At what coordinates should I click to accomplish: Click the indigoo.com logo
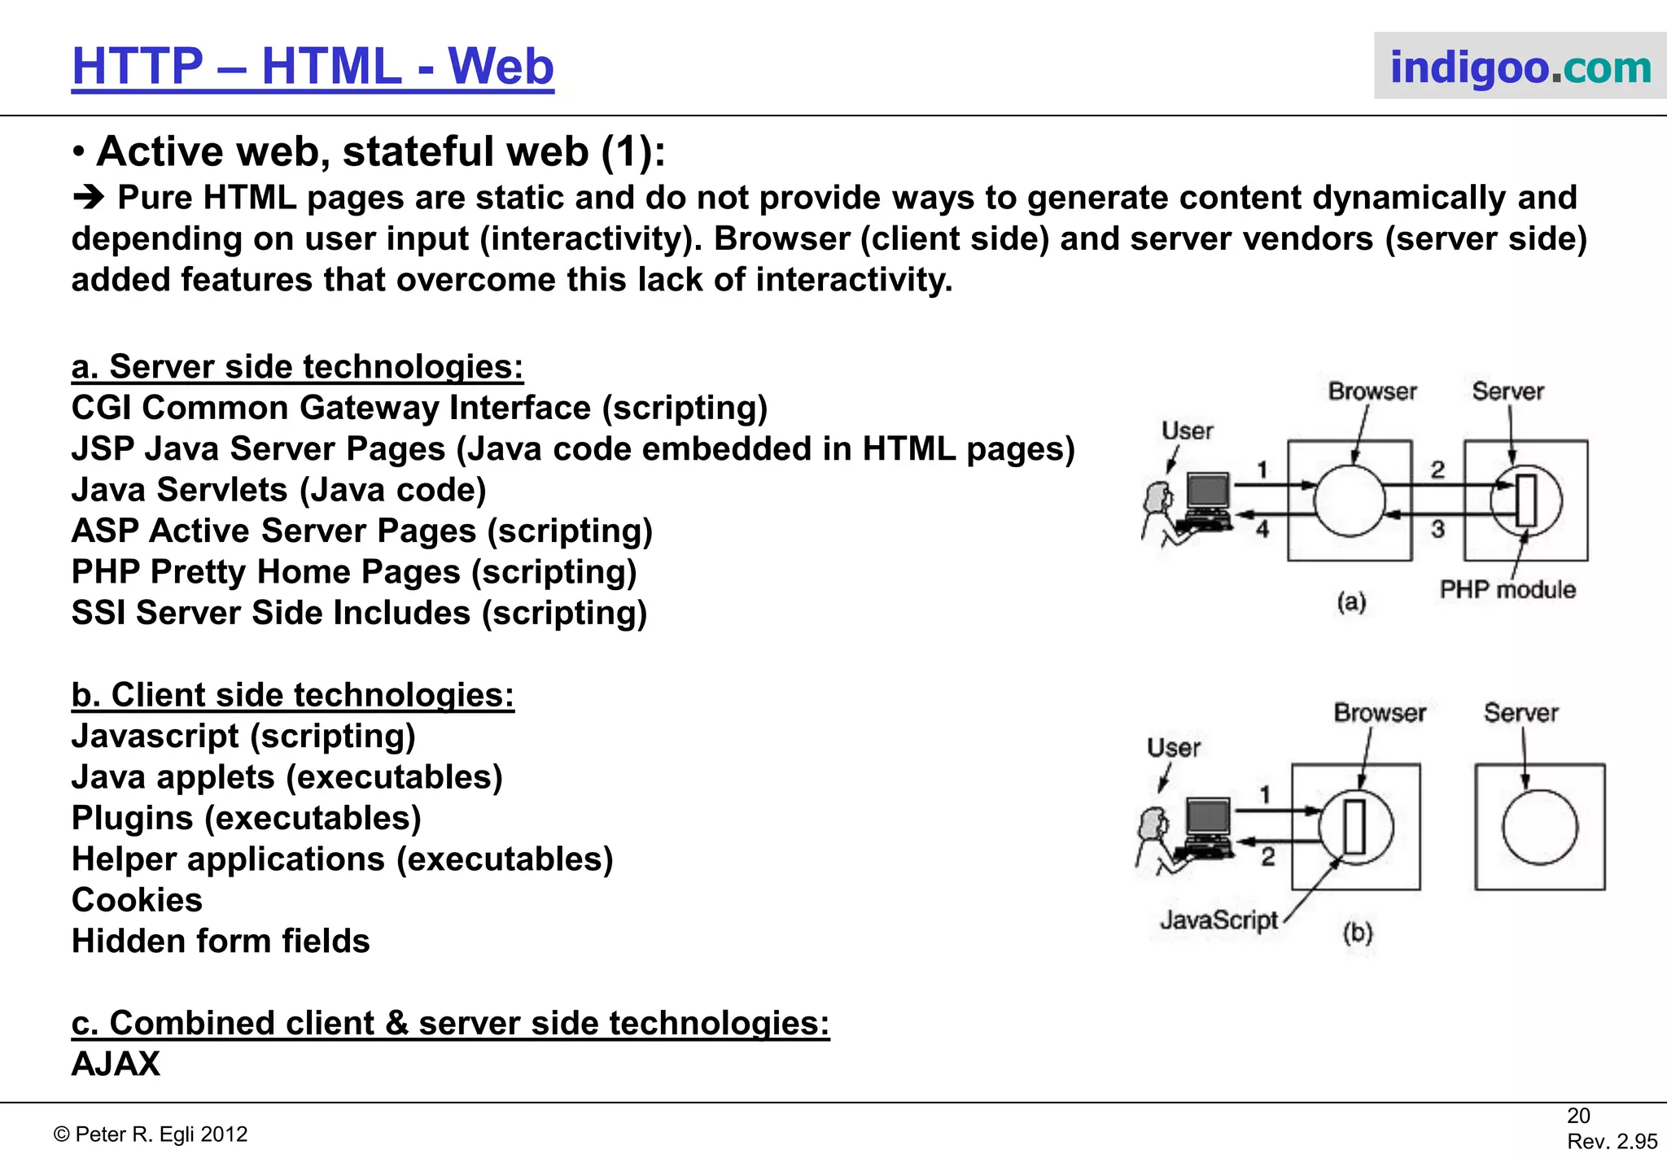[1520, 67]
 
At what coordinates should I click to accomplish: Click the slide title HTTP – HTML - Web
[313, 67]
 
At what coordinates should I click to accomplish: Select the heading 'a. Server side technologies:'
[297, 367]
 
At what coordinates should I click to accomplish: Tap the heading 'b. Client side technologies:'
[293, 695]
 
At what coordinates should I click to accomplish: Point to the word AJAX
[116, 1064]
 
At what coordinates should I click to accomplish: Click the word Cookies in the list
[137, 900]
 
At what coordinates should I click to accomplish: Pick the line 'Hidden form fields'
[221, 941]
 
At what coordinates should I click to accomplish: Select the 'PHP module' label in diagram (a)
[1507, 589]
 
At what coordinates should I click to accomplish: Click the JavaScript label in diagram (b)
[1219, 920]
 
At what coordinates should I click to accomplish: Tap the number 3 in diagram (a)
[1438, 529]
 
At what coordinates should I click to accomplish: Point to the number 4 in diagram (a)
[1262, 529]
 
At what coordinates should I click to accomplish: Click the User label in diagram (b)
[1173, 747]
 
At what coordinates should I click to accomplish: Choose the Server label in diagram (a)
[1507, 391]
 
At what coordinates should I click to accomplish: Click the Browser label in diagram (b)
[1380, 713]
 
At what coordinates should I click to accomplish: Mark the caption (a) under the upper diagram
[1351, 602]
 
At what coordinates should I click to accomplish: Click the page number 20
[1578, 1116]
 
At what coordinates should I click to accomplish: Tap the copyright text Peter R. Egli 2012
[151, 1134]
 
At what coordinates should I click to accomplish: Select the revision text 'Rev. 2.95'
[1612, 1141]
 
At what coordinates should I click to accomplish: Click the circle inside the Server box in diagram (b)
[1539, 827]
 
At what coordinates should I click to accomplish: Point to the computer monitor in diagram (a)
[1208, 492]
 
